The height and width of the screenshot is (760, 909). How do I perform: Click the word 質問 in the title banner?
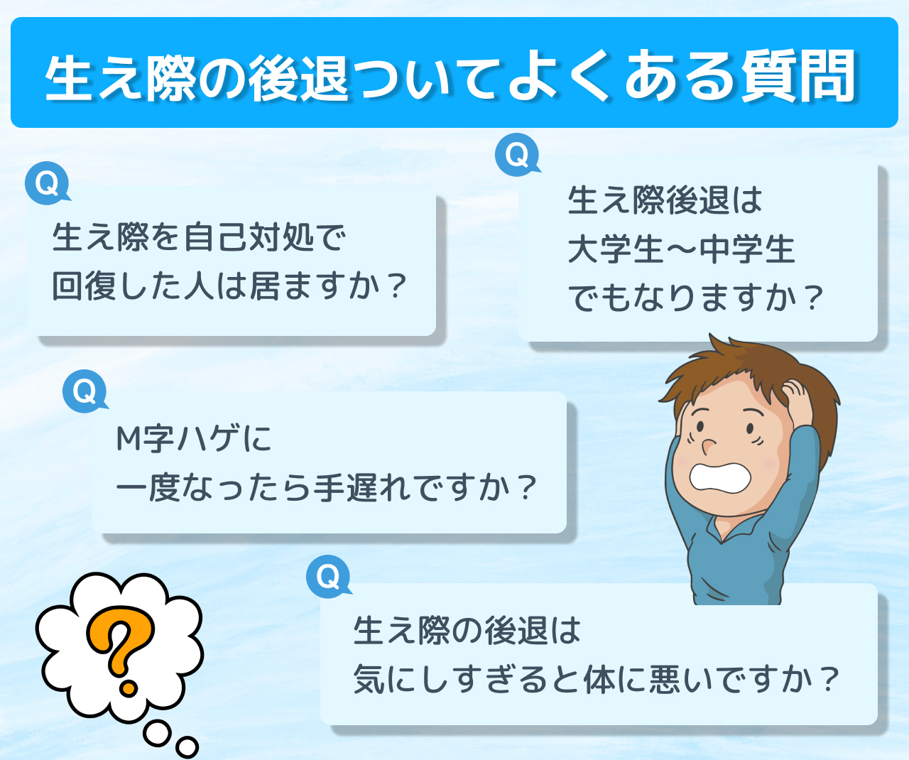coord(798,75)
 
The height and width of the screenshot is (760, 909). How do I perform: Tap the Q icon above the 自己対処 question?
coord(48,183)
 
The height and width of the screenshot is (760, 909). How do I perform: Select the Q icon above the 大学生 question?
coord(518,155)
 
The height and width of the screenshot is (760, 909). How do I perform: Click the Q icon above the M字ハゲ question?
coord(85,391)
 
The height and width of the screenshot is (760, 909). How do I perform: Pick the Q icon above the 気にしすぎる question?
coord(329,576)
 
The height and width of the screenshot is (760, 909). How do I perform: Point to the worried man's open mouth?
coord(720,477)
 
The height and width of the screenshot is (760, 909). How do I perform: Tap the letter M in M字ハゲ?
coord(128,438)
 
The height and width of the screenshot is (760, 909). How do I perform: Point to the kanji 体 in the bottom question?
coord(599,679)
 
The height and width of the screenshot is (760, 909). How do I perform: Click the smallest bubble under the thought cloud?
coord(187,747)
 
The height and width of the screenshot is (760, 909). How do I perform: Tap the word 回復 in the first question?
coord(85,286)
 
